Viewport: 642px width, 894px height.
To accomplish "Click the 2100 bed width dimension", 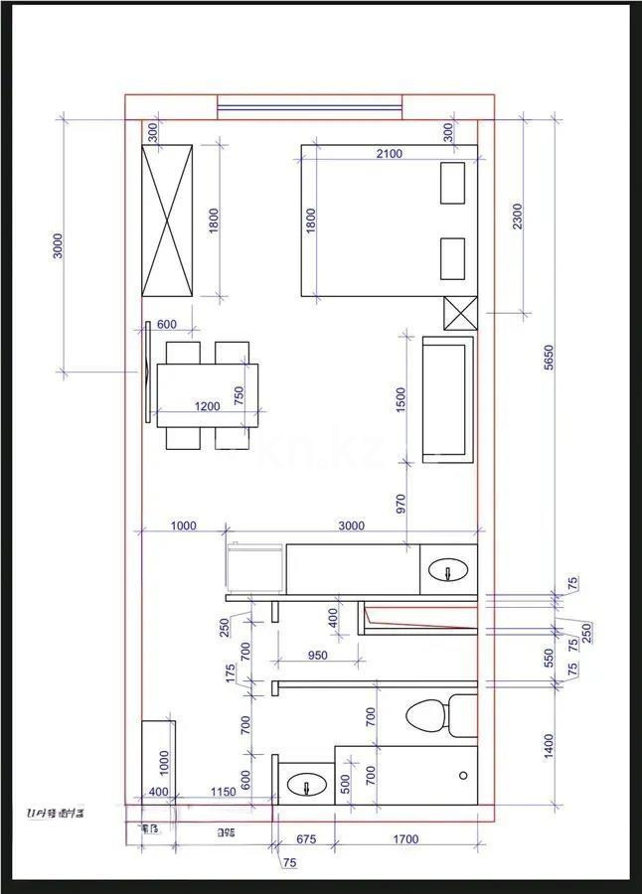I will pos(389,153).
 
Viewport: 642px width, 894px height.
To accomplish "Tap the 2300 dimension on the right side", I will pos(517,216).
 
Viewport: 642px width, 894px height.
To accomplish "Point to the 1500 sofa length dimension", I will pos(401,399).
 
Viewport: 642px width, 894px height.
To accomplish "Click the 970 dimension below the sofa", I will pos(401,503).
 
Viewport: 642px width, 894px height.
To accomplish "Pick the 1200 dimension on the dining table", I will pos(207,406).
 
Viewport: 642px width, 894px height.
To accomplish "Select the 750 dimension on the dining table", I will pos(239,396).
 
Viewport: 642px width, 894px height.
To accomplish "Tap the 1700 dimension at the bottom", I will pos(405,839).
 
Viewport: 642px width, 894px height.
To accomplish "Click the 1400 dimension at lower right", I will pos(550,743).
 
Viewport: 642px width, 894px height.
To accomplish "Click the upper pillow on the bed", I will pos(453,183).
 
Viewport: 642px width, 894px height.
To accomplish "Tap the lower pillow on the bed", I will pos(453,258).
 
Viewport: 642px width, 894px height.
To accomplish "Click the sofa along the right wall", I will pos(448,398).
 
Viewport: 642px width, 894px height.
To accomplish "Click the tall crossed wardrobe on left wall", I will pos(167,220).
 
